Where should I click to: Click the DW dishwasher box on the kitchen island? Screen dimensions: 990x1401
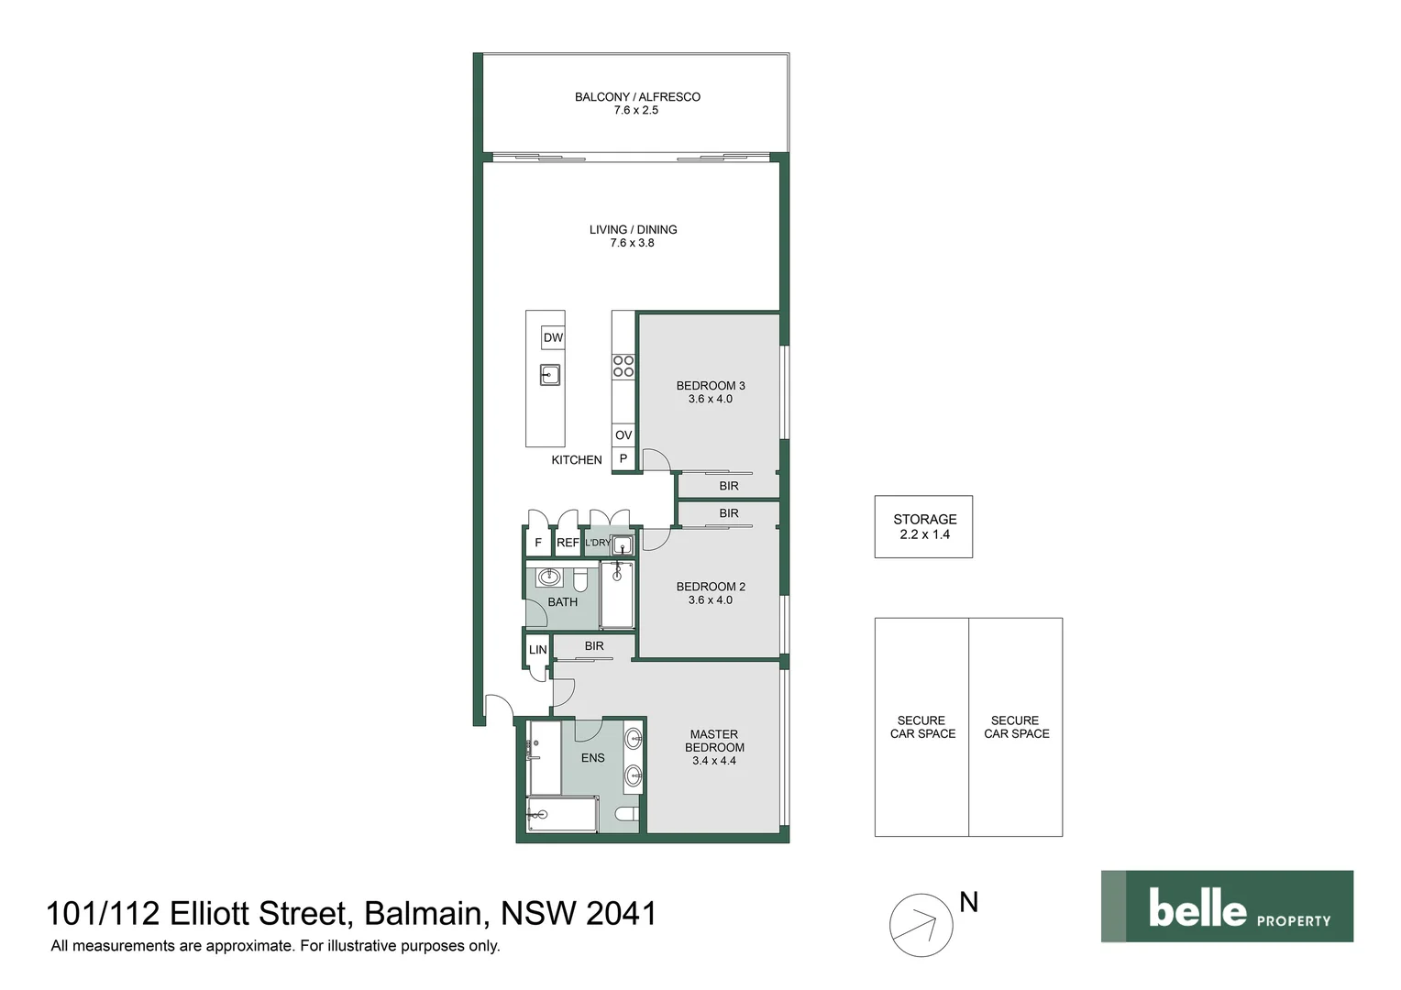[553, 337]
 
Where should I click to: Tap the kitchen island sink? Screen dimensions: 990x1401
[550, 374]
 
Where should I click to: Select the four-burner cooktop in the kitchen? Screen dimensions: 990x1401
[623, 366]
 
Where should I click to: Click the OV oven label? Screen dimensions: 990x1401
[623, 435]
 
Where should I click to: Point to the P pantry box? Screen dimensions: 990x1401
[623, 459]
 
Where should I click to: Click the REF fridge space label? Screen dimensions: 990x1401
[568, 543]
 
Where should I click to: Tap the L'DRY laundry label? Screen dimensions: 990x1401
[597, 543]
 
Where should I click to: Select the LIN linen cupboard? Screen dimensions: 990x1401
[537, 650]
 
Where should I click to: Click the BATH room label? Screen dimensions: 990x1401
[562, 602]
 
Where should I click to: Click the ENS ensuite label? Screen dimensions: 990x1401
[593, 758]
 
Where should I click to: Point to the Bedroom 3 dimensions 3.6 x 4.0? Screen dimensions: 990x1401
[711, 400]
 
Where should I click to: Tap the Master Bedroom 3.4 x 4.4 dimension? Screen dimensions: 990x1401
[714, 761]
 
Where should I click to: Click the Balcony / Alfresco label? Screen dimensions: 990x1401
[637, 96]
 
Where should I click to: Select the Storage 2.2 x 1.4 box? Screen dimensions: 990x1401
[923, 527]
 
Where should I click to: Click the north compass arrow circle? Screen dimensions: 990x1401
[921, 925]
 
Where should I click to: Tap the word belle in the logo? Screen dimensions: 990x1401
[1197, 907]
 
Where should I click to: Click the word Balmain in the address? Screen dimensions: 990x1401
[423, 913]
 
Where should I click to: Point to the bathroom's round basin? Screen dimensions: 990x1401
[549, 577]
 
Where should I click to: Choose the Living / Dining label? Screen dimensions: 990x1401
[633, 229]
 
